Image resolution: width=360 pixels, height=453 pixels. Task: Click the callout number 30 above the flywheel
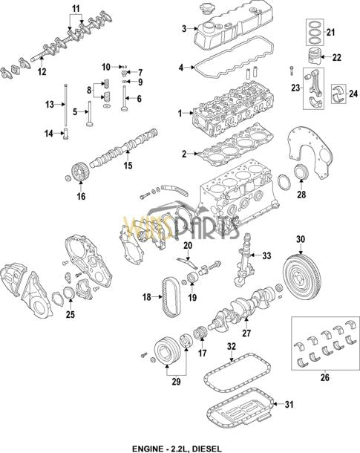point(301,239)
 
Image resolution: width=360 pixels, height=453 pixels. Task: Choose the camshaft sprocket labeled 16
point(74,173)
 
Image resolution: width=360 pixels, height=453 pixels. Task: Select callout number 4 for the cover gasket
point(181,68)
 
